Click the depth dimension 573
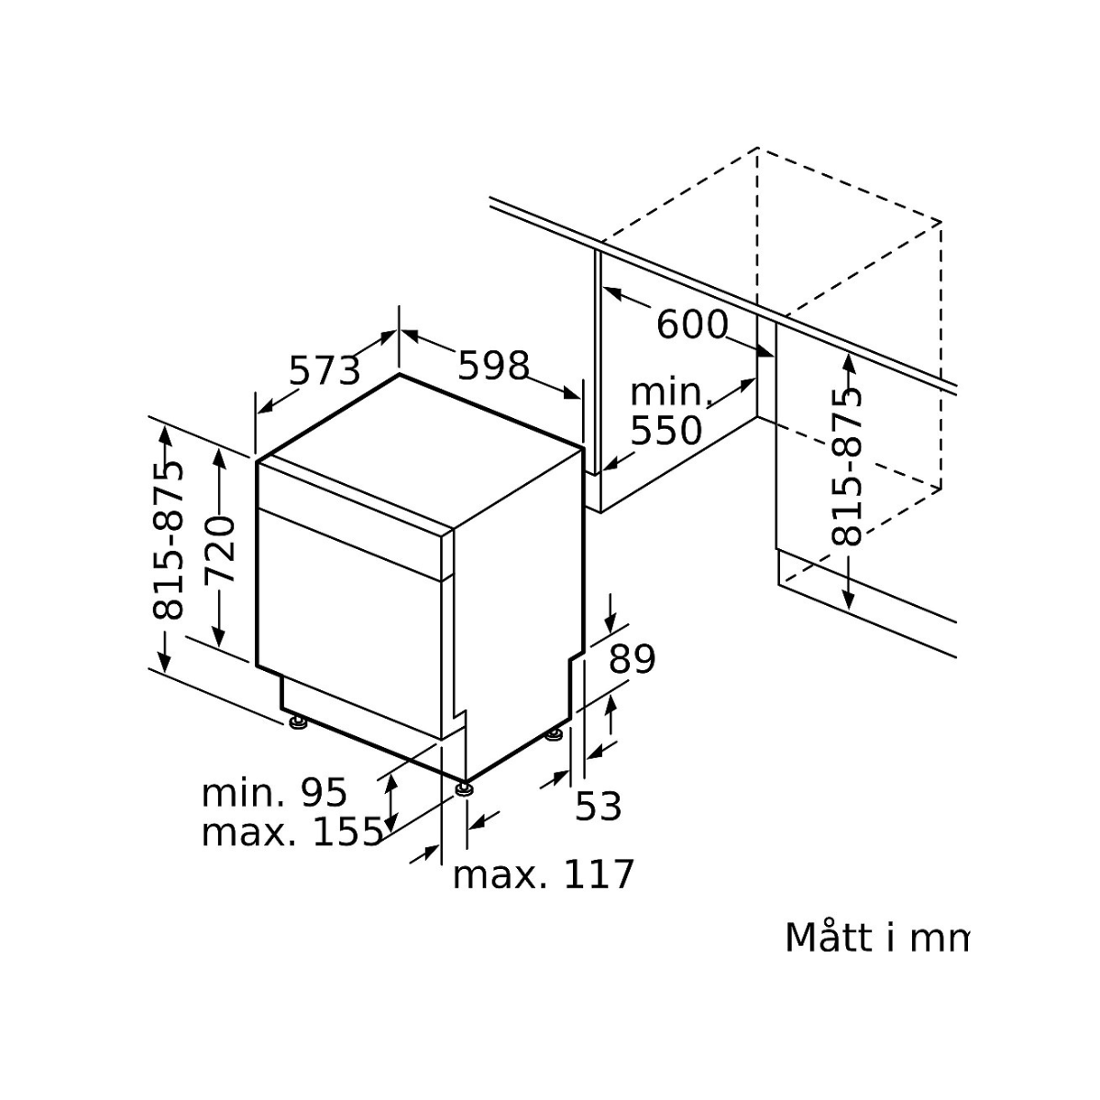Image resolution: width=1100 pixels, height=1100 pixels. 324,371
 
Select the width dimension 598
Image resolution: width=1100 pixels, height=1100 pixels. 494,366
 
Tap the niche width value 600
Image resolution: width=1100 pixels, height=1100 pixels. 692,324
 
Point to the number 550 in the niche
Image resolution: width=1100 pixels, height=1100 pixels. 666,430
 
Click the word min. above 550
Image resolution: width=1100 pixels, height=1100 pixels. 670,392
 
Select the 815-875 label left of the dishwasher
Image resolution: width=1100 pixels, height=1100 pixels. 168,540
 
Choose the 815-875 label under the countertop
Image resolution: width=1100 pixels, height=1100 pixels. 846,467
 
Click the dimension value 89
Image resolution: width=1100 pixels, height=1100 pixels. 632,659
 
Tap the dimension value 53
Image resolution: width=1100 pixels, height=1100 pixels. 598,806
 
